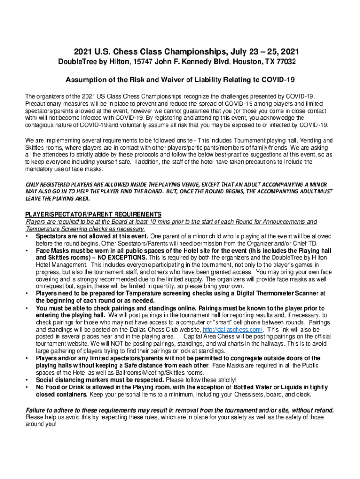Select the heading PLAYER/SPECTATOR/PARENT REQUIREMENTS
click(x=93, y=214)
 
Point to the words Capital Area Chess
click(x=210, y=337)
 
